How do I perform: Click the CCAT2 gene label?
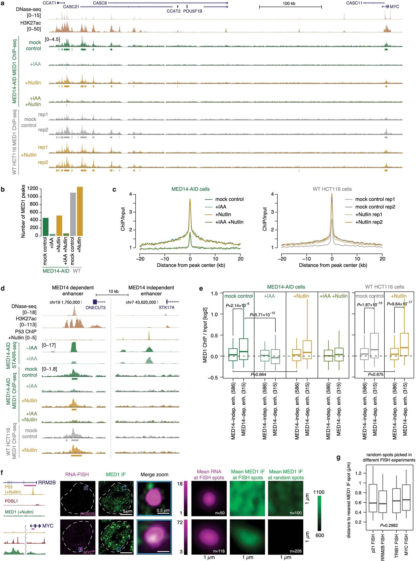[173, 11]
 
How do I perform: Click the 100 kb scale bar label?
[289, 4]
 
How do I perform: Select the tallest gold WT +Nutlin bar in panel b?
[80, 211]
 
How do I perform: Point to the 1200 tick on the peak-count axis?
[33, 188]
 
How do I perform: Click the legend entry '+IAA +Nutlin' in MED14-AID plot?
[229, 222]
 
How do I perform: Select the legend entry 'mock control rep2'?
[375, 207]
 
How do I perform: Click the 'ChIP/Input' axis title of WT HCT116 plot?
[265, 219]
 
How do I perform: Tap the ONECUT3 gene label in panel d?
[96, 308]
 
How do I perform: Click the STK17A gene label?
[166, 308]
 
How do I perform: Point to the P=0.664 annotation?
[258, 374]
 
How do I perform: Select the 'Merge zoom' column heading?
[154, 475]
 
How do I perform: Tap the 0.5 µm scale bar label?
[163, 510]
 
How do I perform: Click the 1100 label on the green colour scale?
[319, 492]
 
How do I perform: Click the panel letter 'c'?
[114, 189]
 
